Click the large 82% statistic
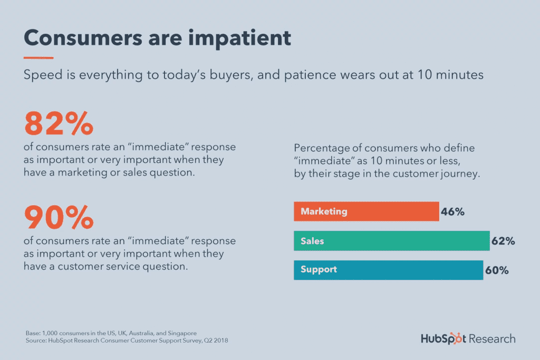(59, 123)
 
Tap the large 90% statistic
(59, 217)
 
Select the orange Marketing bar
(366, 211)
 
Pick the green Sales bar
(391, 241)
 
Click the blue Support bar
(388, 270)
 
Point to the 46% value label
(452, 212)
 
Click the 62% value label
(503, 241)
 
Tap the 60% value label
(497, 270)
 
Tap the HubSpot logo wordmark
(443, 338)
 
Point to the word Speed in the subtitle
(41, 75)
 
